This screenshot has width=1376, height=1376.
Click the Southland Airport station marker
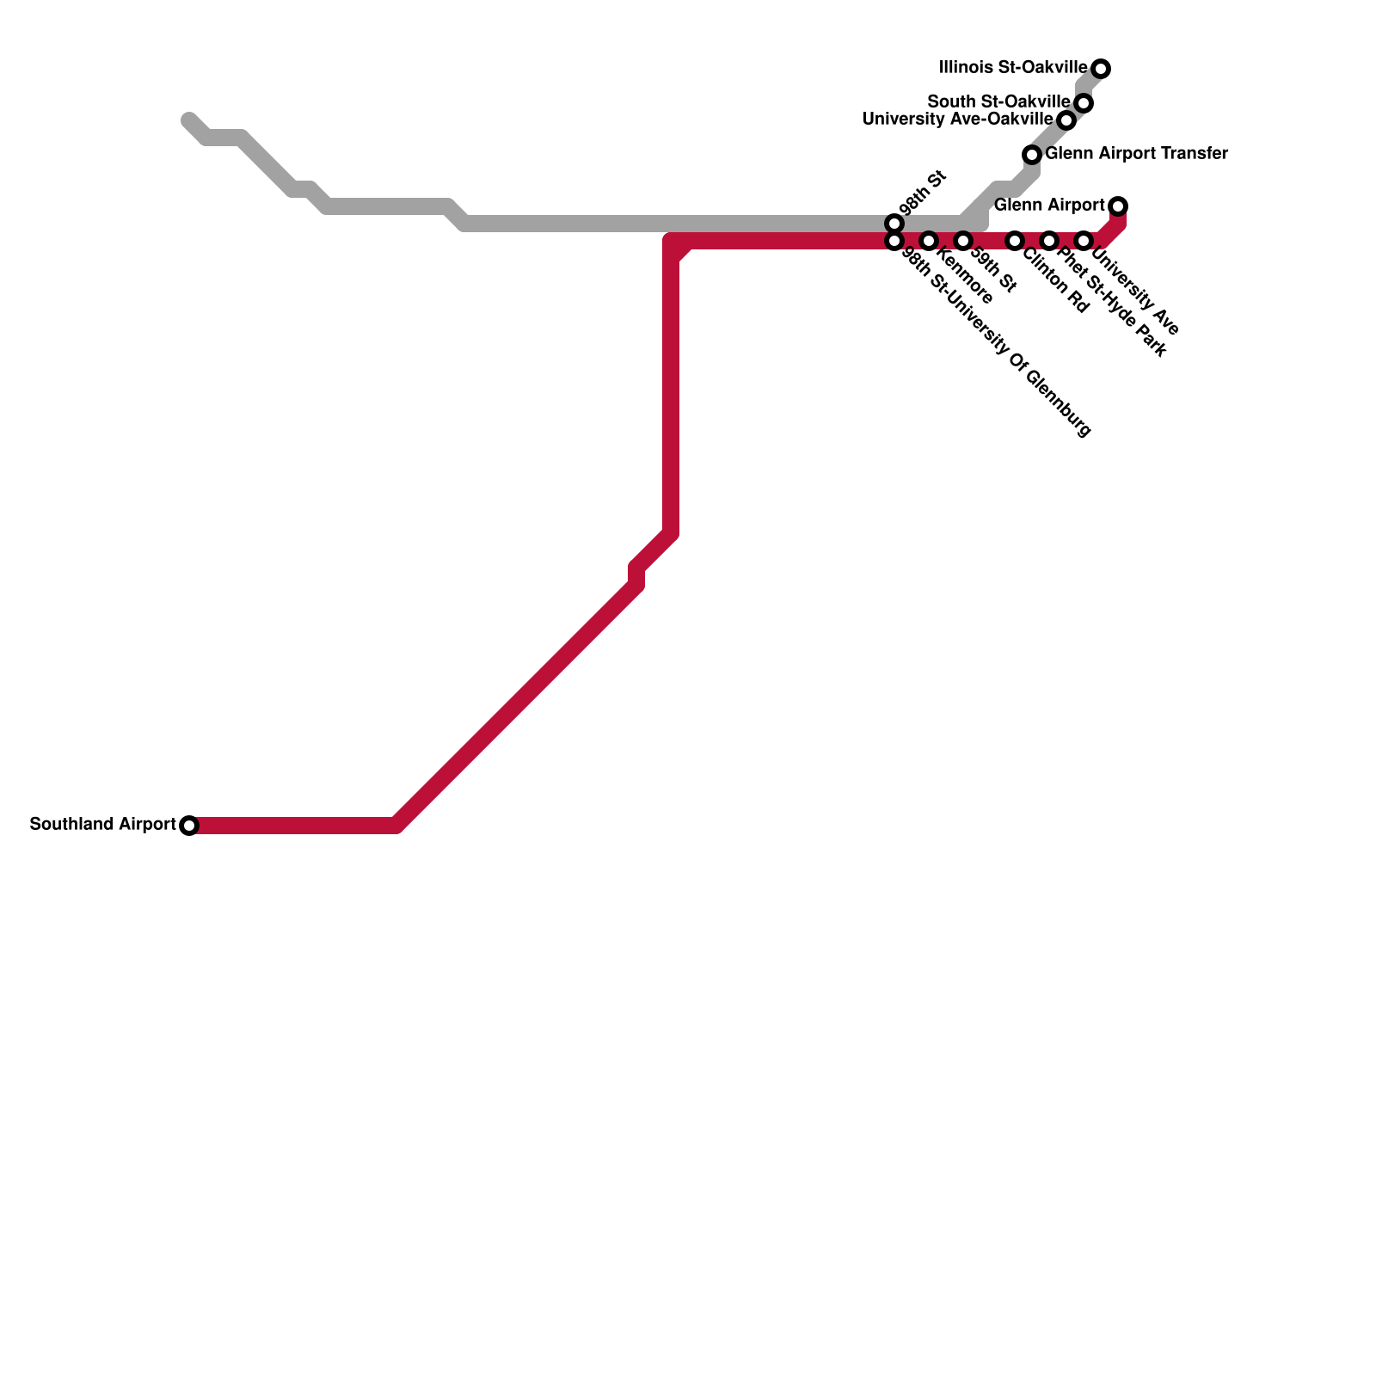[189, 826]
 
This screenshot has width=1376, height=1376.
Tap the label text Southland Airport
[102, 825]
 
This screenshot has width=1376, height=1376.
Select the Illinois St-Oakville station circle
[1101, 69]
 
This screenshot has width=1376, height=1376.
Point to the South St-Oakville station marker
[1084, 103]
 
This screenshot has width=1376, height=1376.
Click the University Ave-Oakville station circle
[1066, 120]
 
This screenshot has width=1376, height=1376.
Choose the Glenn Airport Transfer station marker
[1032, 155]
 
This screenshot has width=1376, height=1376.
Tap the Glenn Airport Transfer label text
[1136, 154]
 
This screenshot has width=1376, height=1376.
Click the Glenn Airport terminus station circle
[1118, 206]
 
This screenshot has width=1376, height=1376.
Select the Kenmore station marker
[929, 241]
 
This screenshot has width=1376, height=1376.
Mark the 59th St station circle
[963, 241]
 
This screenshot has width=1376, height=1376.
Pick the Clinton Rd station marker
[1015, 241]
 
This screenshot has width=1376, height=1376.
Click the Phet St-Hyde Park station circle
[1049, 241]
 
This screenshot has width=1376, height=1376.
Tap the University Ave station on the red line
[1084, 241]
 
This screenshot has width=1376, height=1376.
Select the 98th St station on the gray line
[894, 224]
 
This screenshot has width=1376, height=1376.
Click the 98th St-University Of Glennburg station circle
[894, 241]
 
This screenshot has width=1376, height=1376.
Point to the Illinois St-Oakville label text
[1013, 67]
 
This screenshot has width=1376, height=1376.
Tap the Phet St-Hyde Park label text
[1111, 302]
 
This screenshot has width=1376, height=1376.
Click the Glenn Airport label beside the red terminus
[1049, 206]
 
